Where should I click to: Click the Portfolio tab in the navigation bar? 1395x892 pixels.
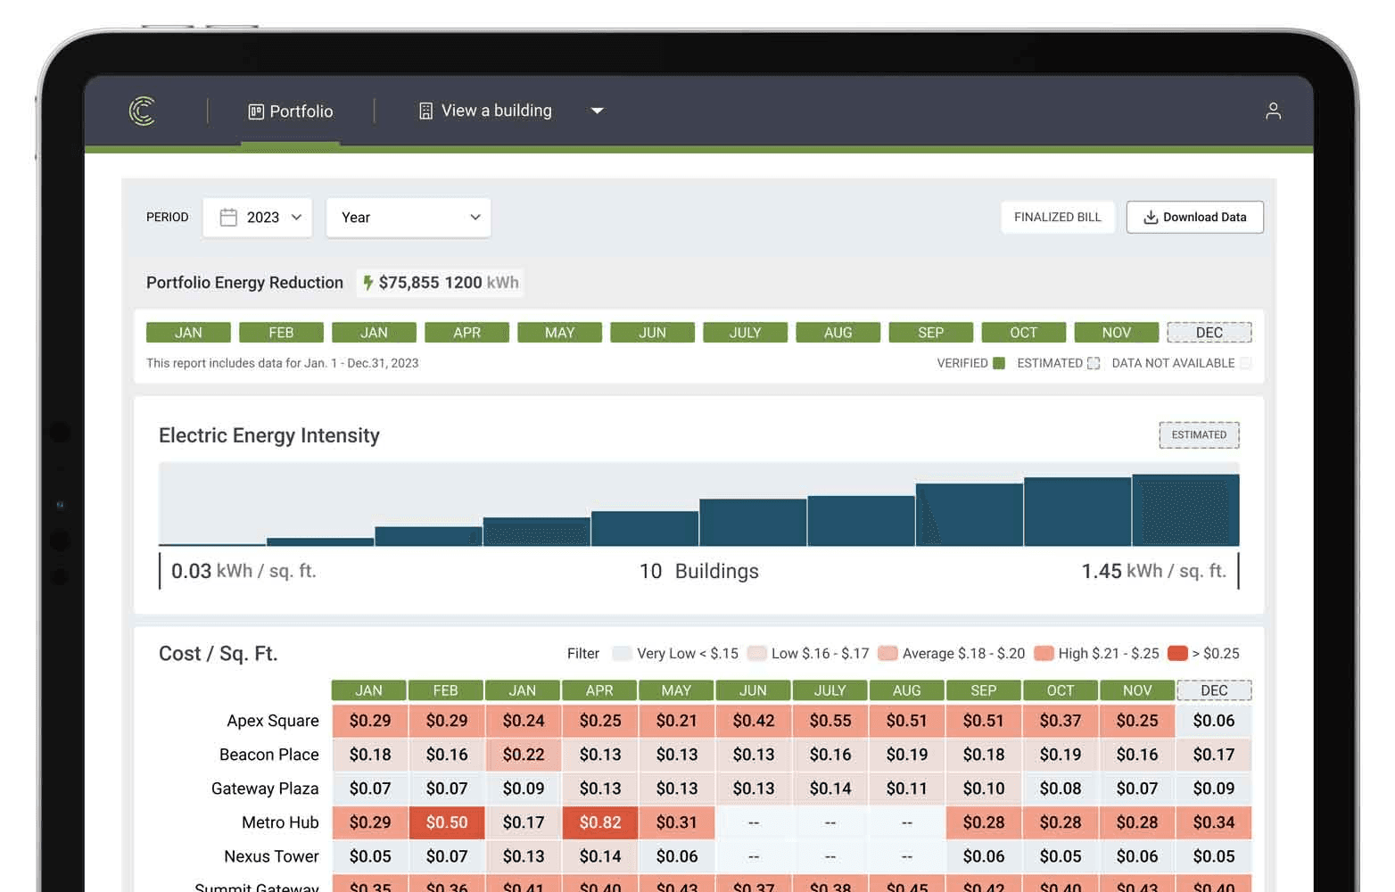[x=291, y=111]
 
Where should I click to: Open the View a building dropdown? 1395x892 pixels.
[x=510, y=111]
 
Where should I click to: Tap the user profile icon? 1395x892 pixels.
[x=1273, y=111]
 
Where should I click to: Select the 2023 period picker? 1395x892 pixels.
[x=258, y=218]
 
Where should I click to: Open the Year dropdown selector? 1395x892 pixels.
[x=409, y=218]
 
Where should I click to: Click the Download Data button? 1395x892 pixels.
[x=1194, y=218]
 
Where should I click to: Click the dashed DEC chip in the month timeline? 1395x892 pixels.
[x=1209, y=333]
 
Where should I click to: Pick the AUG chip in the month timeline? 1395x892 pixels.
[x=838, y=333]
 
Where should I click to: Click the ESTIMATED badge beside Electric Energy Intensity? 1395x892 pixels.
[x=1199, y=435]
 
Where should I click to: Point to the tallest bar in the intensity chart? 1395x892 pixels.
[x=1185, y=510]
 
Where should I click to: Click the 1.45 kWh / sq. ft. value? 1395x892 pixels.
[x=1153, y=572]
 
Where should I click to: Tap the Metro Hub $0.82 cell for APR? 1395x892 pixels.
[x=600, y=822]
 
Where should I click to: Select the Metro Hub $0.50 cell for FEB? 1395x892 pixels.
[x=446, y=822]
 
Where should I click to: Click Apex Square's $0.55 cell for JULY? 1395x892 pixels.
[x=830, y=721]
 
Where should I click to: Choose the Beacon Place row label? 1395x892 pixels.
[x=268, y=755]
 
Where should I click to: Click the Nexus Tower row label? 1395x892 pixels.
[x=271, y=856]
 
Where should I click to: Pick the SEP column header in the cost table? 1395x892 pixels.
[x=983, y=690]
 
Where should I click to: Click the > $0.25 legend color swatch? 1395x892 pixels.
[x=1177, y=654]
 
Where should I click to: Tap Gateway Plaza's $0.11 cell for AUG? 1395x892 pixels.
[x=906, y=789]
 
